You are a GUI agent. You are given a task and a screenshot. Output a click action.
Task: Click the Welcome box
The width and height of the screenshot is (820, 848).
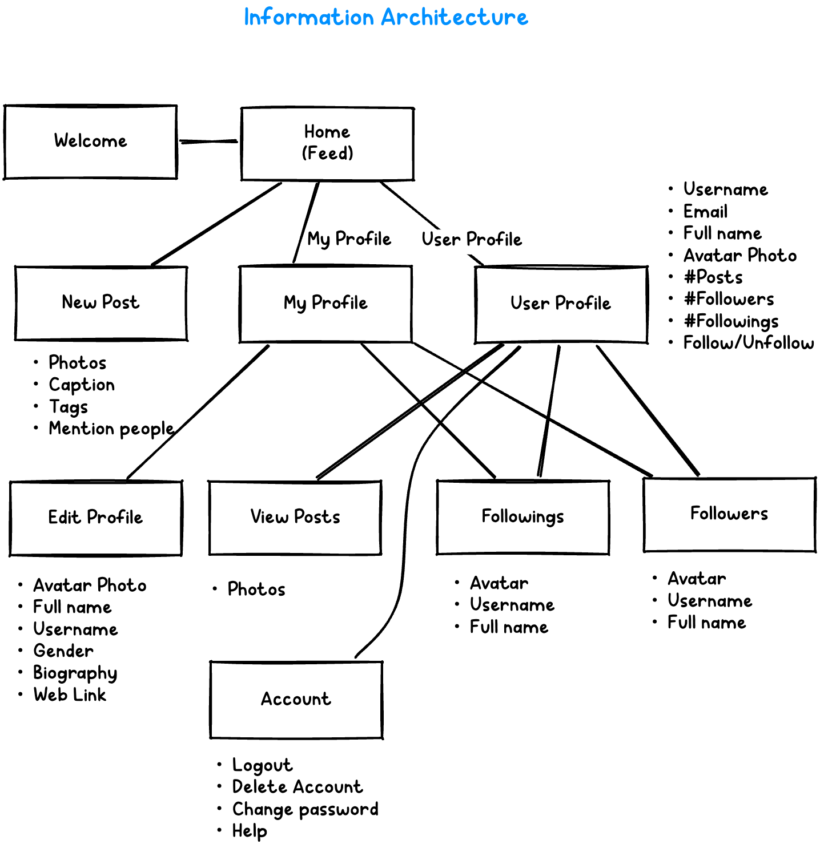tap(90, 142)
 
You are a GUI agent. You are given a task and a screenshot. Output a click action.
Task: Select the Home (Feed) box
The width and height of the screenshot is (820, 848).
tap(327, 143)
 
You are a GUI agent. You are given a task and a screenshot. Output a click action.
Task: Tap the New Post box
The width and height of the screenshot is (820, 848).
tap(101, 303)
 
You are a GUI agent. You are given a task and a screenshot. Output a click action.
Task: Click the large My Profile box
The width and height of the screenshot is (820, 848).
tap(325, 304)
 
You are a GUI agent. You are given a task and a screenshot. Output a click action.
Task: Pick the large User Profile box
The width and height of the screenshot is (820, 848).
tap(561, 304)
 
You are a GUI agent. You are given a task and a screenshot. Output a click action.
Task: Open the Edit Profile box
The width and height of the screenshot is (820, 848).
tap(95, 518)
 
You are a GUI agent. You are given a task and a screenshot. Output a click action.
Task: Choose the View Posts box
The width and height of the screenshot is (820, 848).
tap(295, 518)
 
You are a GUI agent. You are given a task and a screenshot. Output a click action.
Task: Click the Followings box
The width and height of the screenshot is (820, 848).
tap(522, 517)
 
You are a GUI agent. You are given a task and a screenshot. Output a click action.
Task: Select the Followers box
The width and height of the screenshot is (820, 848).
tap(729, 514)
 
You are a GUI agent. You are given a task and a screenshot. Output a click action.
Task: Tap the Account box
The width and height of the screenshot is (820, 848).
tap(296, 699)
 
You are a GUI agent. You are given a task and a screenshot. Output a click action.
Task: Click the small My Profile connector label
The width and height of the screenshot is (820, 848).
tap(349, 240)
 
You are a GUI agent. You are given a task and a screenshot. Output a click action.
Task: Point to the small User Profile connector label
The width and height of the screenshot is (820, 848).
tap(472, 240)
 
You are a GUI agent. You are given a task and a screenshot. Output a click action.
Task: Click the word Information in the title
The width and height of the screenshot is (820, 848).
tap(309, 17)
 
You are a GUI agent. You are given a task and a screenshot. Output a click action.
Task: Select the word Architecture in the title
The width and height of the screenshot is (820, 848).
tap(455, 17)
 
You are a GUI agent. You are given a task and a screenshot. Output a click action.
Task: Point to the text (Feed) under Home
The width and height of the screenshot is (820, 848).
tap(327, 154)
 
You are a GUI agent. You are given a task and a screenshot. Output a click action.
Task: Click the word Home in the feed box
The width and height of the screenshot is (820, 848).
tap(327, 132)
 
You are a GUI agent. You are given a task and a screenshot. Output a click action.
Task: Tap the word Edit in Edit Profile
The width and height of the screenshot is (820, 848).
tap(64, 518)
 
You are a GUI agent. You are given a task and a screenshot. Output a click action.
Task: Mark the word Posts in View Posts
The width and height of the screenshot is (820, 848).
tap(317, 517)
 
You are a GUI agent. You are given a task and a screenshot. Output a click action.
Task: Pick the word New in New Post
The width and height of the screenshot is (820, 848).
tap(79, 302)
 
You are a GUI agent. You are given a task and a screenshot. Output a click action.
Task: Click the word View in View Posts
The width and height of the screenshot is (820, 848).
tap(269, 517)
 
